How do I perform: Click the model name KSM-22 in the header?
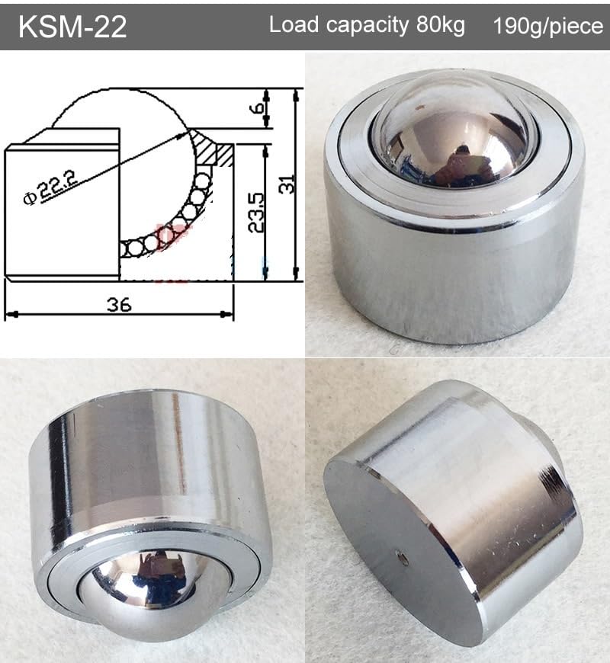[72, 27]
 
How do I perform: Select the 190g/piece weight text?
[547, 25]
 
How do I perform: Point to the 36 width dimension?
[119, 304]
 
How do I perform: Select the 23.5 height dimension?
[257, 211]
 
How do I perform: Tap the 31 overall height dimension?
[287, 183]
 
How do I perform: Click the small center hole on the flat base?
[403, 559]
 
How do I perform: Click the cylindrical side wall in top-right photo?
[450, 282]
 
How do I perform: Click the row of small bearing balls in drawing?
[168, 229]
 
